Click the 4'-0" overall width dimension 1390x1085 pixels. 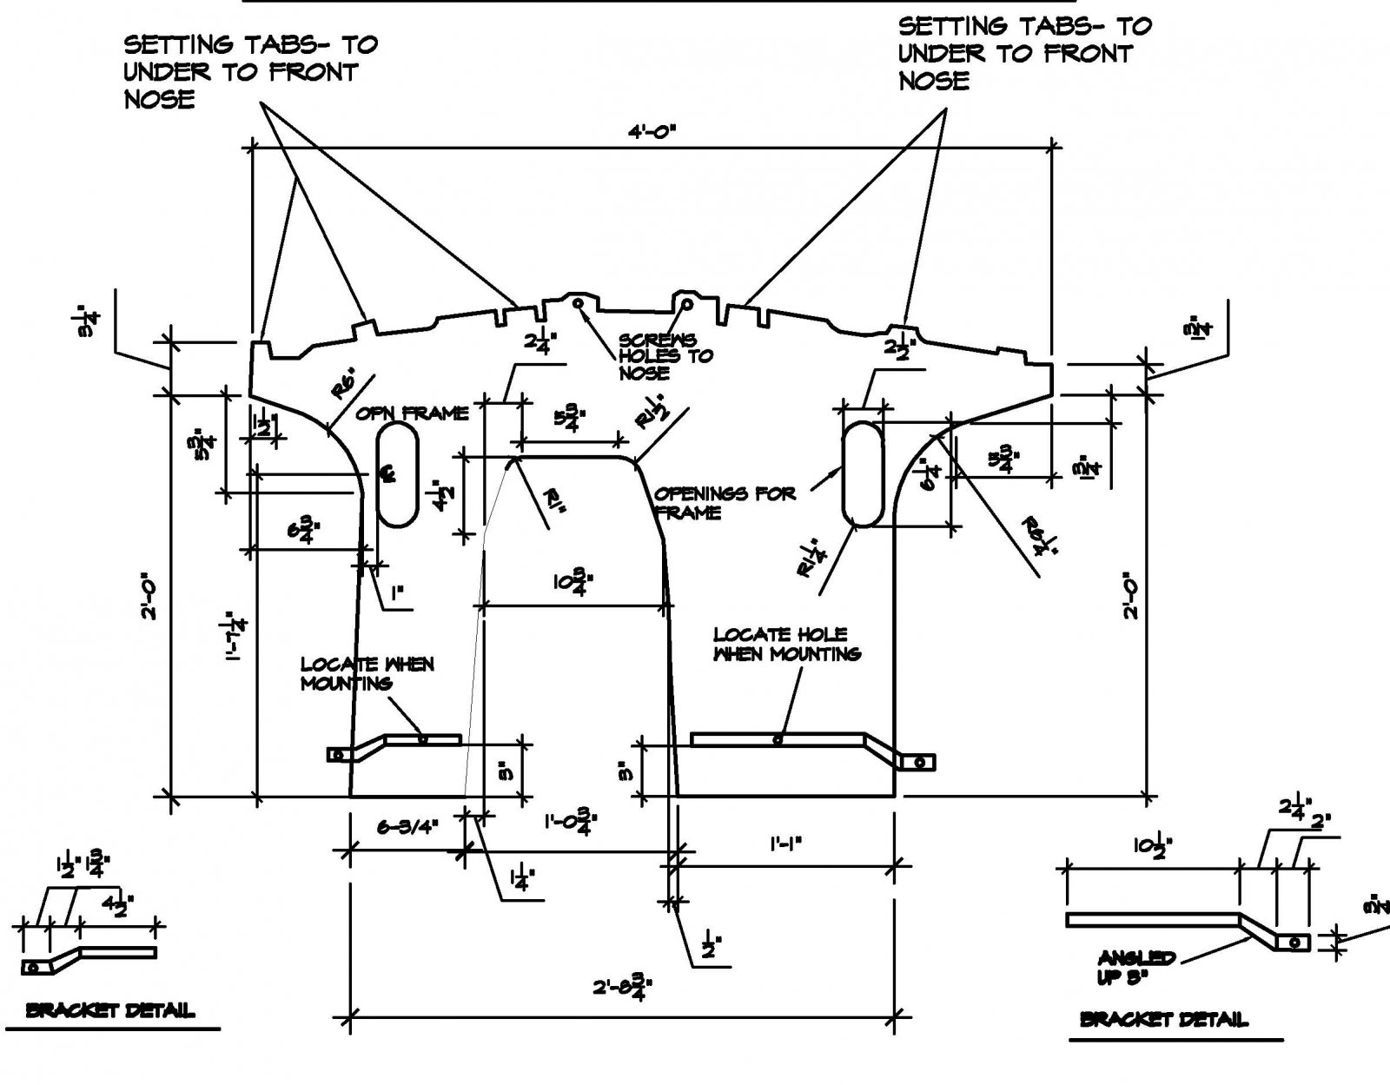click(x=652, y=132)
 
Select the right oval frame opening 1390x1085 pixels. click(x=864, y=474)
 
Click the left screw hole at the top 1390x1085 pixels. click(x=578, y=302)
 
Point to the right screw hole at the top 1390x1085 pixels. click(x=686, y=304)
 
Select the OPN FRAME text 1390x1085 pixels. click(x=412, y=413)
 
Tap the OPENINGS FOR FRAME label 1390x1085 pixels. click(x=725, y=503)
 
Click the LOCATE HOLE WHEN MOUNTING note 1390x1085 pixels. click(x=786, y=645)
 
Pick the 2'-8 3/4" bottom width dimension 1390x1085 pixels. click(x=623, y=988)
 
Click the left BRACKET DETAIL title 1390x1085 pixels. click(x=110, y=1010)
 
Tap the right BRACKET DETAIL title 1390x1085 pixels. click(x=1164, y=1020)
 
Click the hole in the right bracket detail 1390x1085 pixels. click(x=1294, y=942)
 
